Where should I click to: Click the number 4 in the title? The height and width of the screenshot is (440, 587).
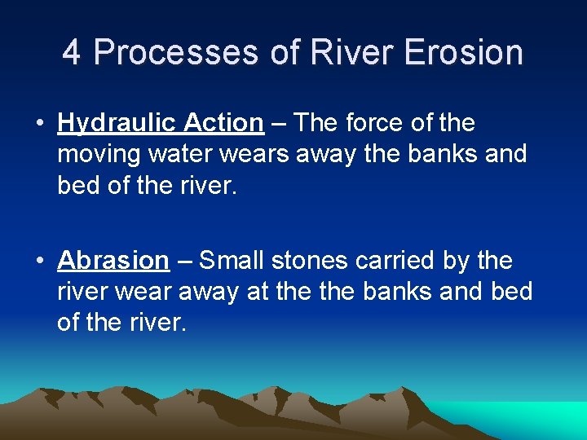tap(72, 53)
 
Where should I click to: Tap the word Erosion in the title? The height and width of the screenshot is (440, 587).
tap(462, 53)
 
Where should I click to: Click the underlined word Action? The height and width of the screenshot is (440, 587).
tap(223, 123)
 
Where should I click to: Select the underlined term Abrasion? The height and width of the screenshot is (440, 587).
tap(113, 261)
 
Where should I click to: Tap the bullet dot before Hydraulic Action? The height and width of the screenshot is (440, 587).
tap(39, 124)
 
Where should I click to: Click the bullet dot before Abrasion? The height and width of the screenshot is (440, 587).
tap(39, 262)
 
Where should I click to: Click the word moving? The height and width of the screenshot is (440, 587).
tap(99, 154)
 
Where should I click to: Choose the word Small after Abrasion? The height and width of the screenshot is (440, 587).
tap(232, 261)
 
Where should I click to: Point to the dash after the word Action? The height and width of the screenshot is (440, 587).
tap(278, 124)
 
